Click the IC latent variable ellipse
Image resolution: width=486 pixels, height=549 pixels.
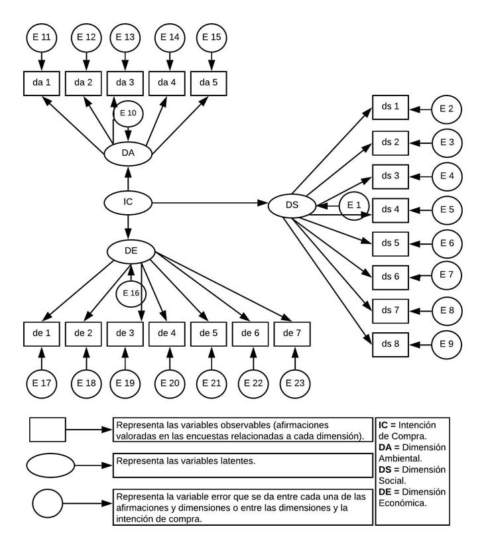coord(129,202)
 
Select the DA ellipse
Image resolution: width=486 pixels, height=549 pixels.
coord(129,152)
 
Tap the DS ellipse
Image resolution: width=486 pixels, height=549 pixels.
coord(292,206)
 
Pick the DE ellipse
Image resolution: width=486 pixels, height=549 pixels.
coord(131,251)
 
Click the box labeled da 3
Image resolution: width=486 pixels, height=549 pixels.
coord(125,83)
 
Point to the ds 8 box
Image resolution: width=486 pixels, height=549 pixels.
coord(391,344)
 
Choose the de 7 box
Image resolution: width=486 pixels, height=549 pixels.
coord(292,332)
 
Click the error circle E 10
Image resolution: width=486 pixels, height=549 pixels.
coord(129,113)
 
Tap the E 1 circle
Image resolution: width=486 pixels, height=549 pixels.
coord(354,206)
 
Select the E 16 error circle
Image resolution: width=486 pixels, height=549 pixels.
coord(131,292)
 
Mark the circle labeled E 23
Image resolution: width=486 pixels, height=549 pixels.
coord(295,383)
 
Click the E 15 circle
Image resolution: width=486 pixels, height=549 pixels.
coord(211,37)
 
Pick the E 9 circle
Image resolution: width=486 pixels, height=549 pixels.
coord(446,344)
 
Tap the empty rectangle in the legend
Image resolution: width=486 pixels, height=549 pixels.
coord(48,429)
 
